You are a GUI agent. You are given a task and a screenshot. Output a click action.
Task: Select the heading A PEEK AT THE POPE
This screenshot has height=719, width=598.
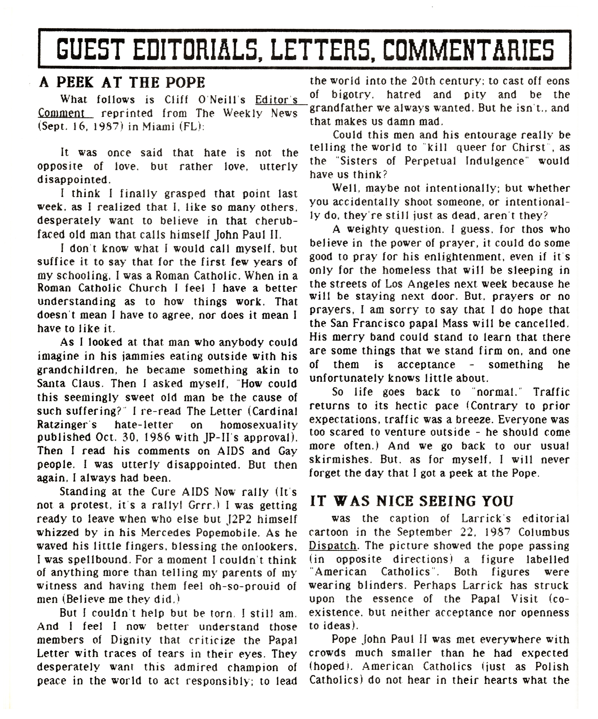coord(122,82)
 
